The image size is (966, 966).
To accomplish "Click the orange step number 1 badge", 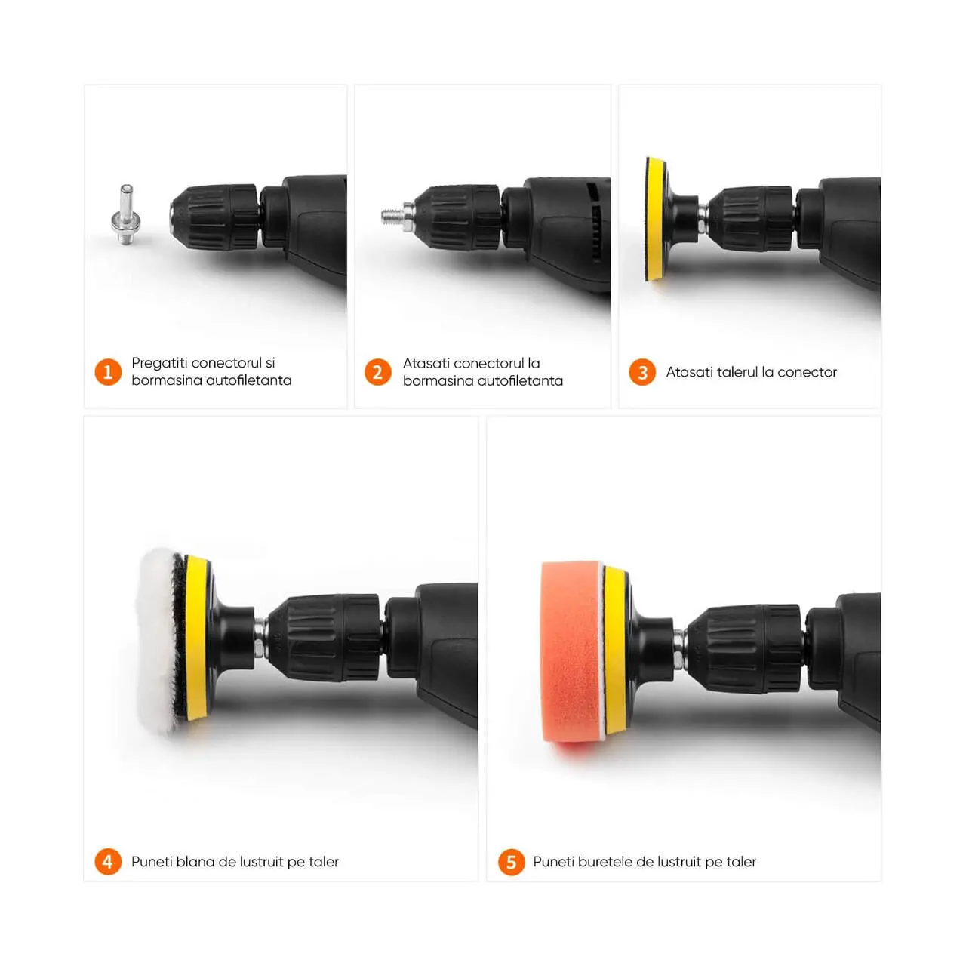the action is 108,372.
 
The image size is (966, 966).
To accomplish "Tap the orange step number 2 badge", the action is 377,372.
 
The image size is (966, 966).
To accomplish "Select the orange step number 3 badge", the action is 641,372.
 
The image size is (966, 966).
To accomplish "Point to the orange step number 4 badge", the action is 108,862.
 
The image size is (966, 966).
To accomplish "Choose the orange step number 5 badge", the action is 511,863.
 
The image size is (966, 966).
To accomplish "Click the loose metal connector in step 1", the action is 126,214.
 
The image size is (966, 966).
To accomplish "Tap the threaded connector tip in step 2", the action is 392,217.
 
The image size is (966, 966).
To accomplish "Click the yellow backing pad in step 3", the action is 655,219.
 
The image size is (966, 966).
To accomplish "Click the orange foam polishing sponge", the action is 572,652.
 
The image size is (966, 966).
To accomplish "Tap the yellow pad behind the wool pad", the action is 195,638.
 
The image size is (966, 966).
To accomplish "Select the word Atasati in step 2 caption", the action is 426,363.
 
